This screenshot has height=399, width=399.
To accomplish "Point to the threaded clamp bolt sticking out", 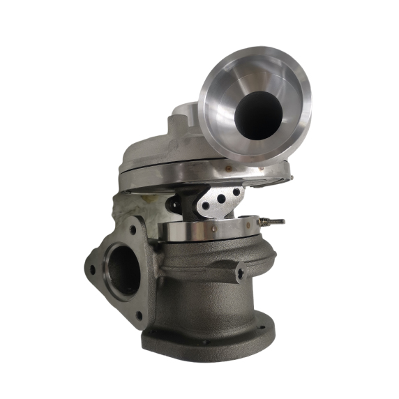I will point(272,221).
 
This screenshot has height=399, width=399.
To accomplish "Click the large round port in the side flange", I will point(123,269).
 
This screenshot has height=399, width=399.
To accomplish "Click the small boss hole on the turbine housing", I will point(240,273).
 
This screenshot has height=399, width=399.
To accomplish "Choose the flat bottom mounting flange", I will point(209,342).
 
